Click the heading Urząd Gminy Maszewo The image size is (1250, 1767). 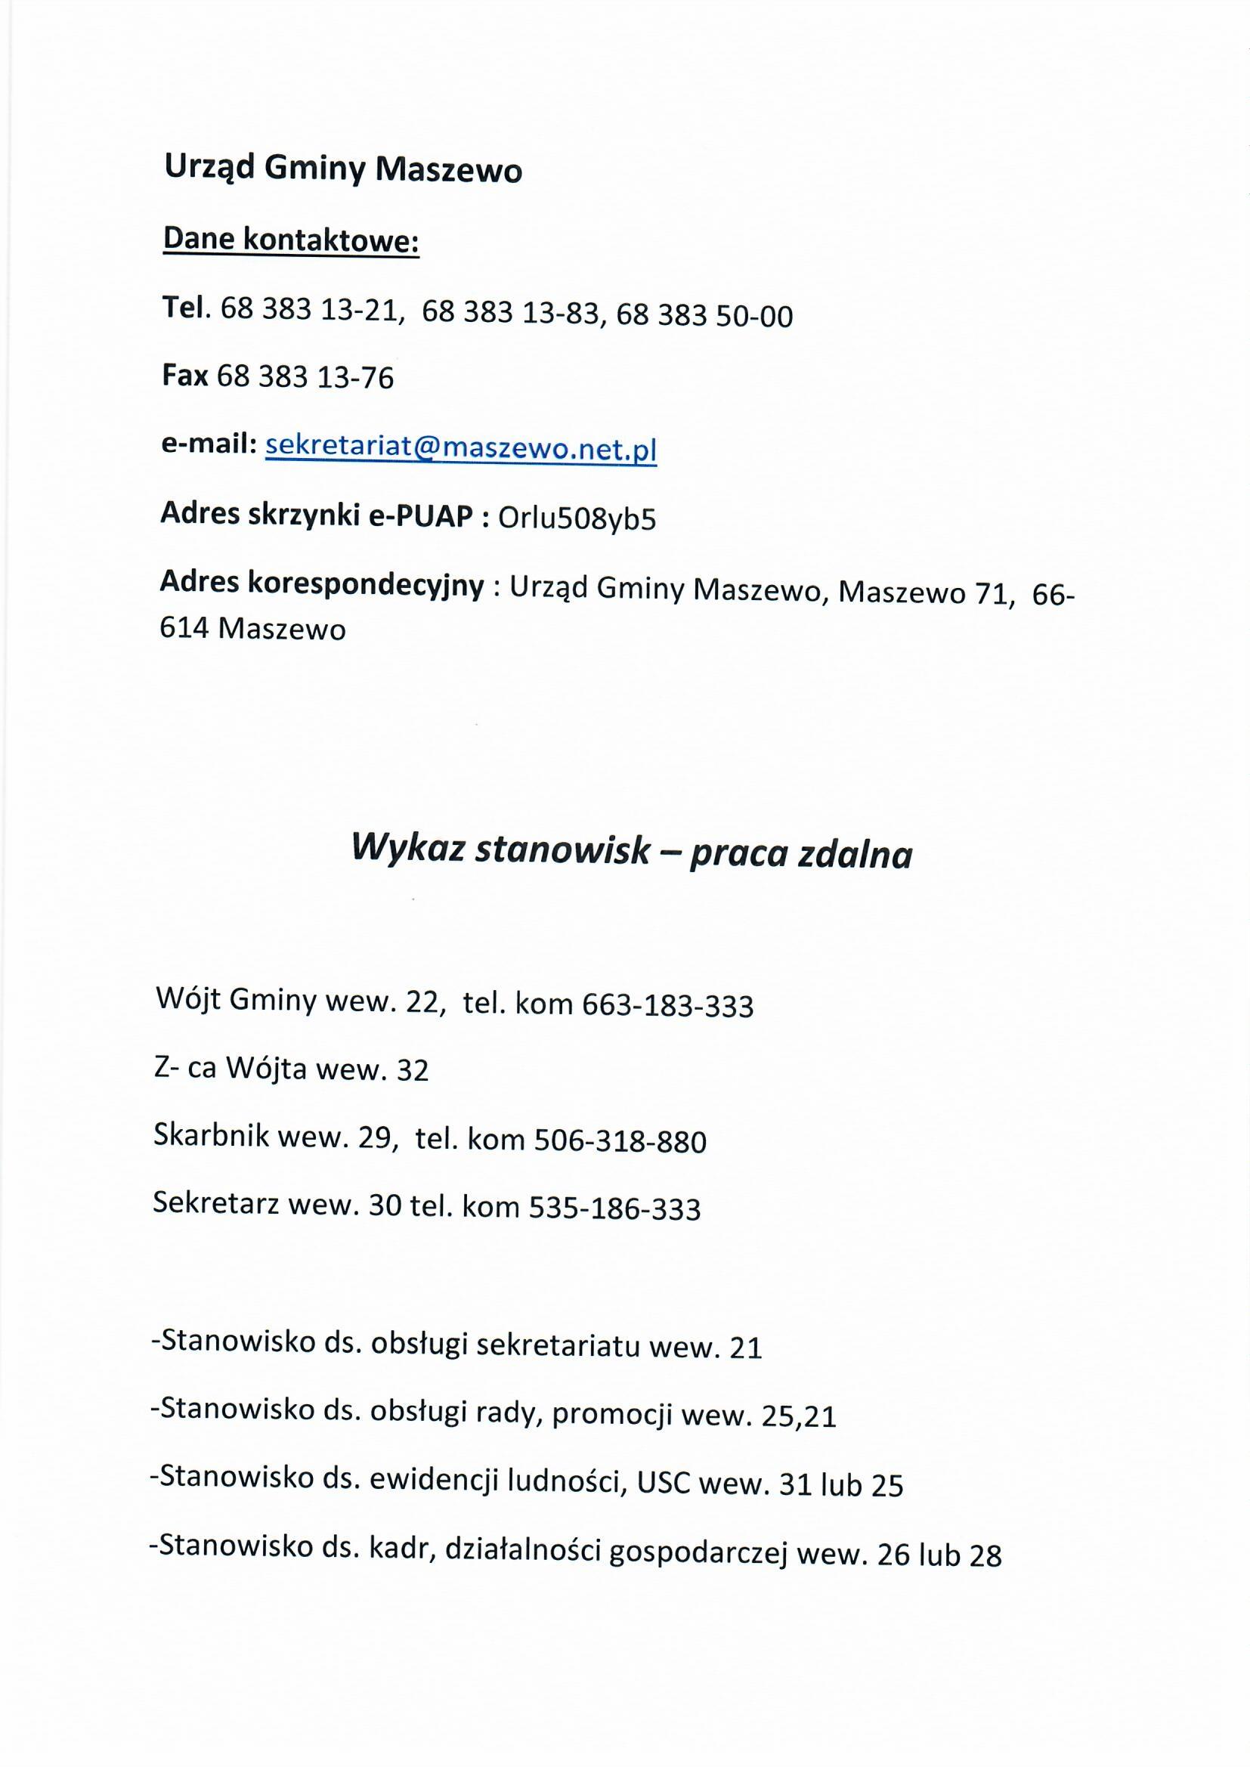(343, 169)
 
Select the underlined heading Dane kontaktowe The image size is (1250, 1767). (291, 241)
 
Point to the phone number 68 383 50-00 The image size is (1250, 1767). (704, 316)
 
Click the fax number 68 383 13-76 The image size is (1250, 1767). (305, 377)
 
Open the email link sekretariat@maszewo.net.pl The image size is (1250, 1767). (460, 448)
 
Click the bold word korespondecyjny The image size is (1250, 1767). (366, 586)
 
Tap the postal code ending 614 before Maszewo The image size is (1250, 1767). (184, 629)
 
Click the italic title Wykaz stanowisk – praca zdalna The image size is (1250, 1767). (631, 853)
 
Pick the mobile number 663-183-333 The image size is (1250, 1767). (667, 1006)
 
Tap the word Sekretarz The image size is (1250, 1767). (215, 1204)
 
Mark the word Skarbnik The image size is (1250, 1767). (211, 1136)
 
